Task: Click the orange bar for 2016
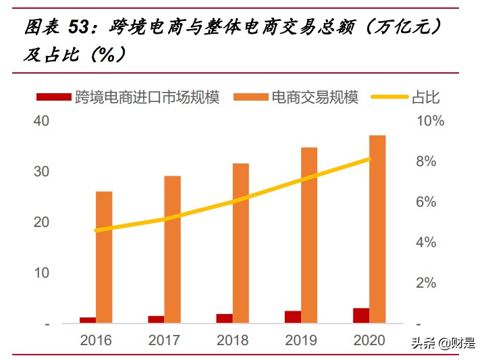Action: point(104,257)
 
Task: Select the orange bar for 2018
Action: point(240,243)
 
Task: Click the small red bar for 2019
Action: point(292,317)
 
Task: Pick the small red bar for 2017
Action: point(156,319)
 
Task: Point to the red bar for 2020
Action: point(360,315)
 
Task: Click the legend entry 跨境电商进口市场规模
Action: point(128,98)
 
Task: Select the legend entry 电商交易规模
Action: point(296,98)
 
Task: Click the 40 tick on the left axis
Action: point(41,121)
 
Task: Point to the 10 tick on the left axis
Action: point(41,273)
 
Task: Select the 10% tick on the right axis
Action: point(429,121)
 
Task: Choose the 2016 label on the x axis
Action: point(96,340)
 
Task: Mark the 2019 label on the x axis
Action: point(301,340)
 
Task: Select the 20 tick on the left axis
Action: point(41,222)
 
